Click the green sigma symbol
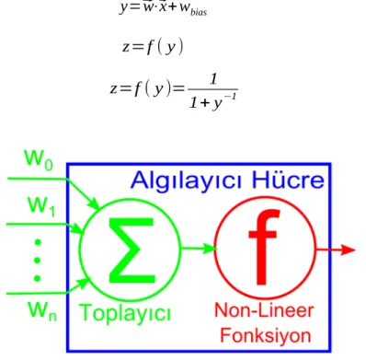(132, 250)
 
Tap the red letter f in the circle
(264, 247)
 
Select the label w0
(39, 159)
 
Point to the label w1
(41, 206)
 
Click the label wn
(42, 311)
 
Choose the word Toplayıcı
(125, 313)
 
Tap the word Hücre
(288, 180)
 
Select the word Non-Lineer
(264, 310)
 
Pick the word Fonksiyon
(266, 335)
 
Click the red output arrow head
(348, 250)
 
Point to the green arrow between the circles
(199, 248)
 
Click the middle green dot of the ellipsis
(38, 261)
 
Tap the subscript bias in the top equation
(199, 13)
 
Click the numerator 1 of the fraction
(213, 79)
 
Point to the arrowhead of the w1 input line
(78, 228)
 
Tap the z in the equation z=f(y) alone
(126, 47)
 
